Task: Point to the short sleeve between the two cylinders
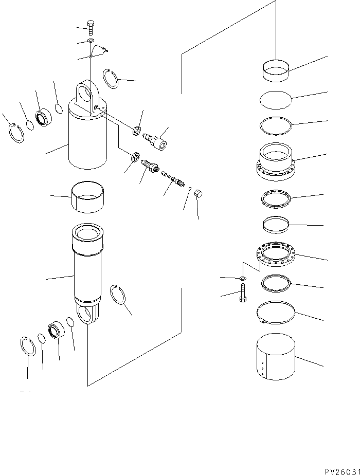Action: (x=86, y=196)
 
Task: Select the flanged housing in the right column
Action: (x=275, y=162)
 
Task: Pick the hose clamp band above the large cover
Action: (x=276, y=313)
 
